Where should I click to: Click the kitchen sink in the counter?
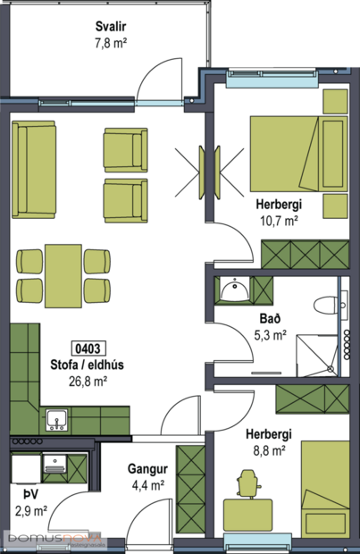point(55,418)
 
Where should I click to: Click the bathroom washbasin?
point(234,290)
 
